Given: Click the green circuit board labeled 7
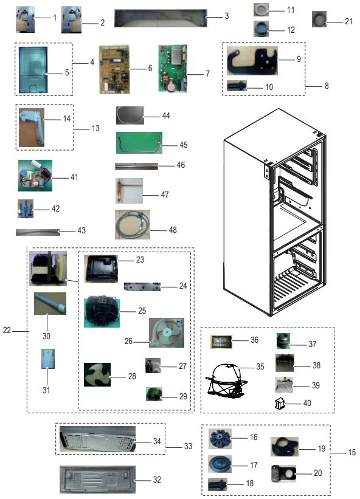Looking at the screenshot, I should [173, 69].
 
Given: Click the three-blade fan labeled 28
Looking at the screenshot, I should [96, 375].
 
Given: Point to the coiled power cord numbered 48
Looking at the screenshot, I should [130, 224].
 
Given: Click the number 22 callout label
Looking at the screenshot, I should [7, 331].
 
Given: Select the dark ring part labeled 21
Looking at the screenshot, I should [319, 19].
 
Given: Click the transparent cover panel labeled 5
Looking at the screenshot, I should [37, 69].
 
